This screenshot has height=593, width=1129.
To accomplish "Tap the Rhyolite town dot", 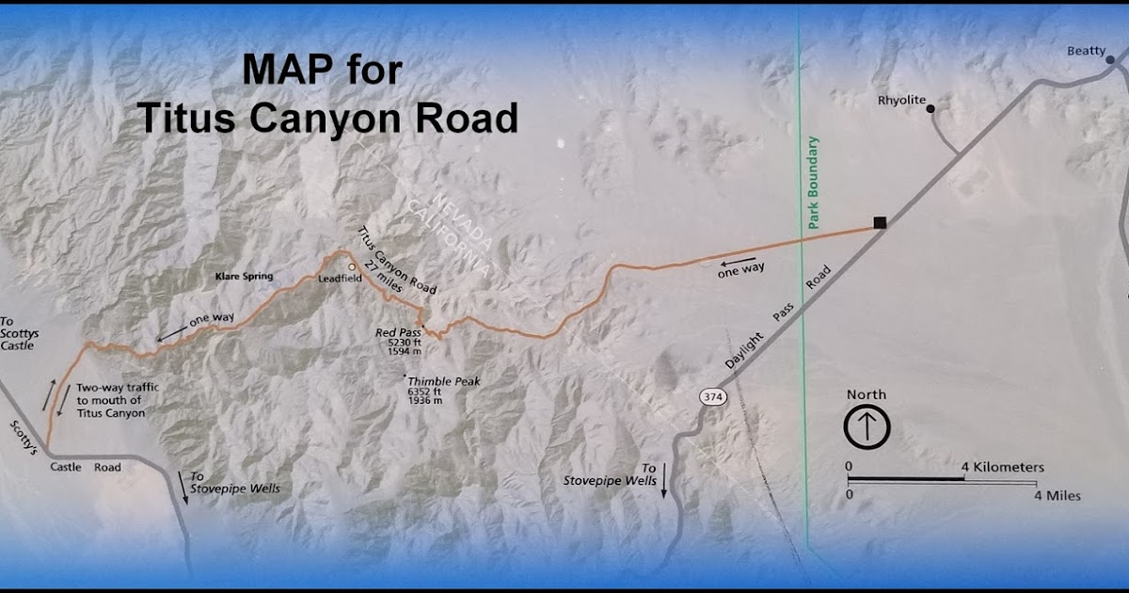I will (930, 109).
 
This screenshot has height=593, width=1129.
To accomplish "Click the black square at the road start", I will (880, 223).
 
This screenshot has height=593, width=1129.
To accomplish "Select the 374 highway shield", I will (712, 397).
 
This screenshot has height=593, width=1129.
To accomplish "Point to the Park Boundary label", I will (814, 184).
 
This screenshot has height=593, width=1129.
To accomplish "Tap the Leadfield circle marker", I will (352, 267).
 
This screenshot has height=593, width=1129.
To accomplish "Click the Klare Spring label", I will (243, 277).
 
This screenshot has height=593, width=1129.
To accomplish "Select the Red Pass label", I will (399, 332).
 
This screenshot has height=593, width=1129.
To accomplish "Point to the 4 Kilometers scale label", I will (1002, 467).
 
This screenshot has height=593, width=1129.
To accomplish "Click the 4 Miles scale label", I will (1057, 495).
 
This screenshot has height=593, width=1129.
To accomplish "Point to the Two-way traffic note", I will (111, 400).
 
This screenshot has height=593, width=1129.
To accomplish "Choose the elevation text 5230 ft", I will (405, 343).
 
